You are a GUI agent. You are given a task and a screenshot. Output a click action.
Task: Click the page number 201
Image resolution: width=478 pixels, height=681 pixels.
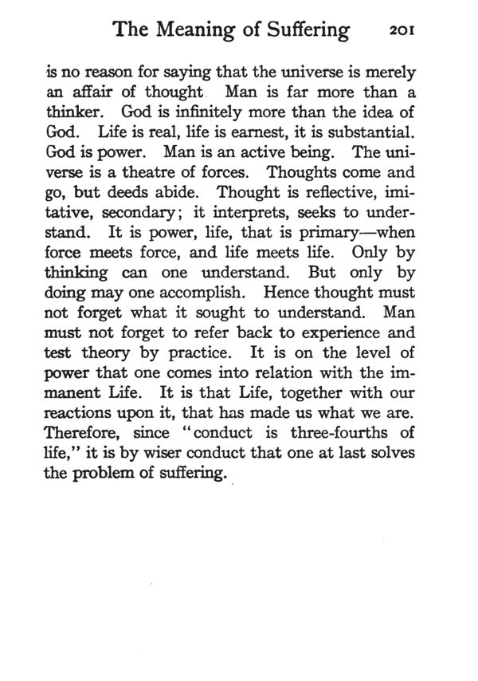(406, 31)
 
